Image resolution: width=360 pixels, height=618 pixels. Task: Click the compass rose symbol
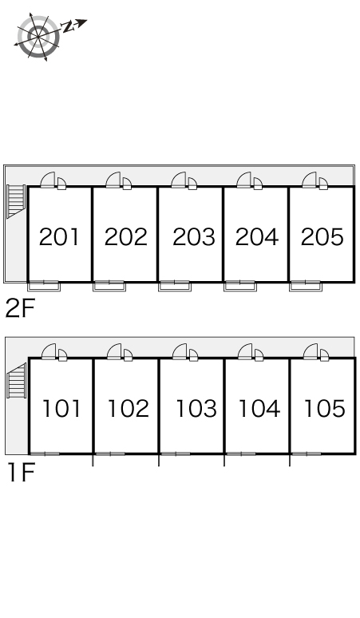click(38, 38)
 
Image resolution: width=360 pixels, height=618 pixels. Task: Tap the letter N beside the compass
click(69, 27)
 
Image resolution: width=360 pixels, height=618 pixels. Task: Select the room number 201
click(59, 237)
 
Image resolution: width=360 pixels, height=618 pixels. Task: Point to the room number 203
click(194, 237)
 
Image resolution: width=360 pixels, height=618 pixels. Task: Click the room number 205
click(322, 237)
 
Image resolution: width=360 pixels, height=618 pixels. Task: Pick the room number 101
click(61, 408)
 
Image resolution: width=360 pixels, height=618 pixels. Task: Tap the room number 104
click(259, 408)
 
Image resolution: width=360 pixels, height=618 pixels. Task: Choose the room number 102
click(129, 408)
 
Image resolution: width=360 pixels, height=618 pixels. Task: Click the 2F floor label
click(20, 308)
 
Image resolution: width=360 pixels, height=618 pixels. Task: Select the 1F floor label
click(22, 473)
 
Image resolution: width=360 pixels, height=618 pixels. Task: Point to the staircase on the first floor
click(17, 381)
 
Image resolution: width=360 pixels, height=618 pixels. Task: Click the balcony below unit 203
click(175, 286)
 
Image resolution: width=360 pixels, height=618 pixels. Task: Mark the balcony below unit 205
click(306, 286)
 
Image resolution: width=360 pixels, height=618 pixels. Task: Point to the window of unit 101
click(45, 454)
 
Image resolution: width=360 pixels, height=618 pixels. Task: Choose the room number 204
click(257, 237)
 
